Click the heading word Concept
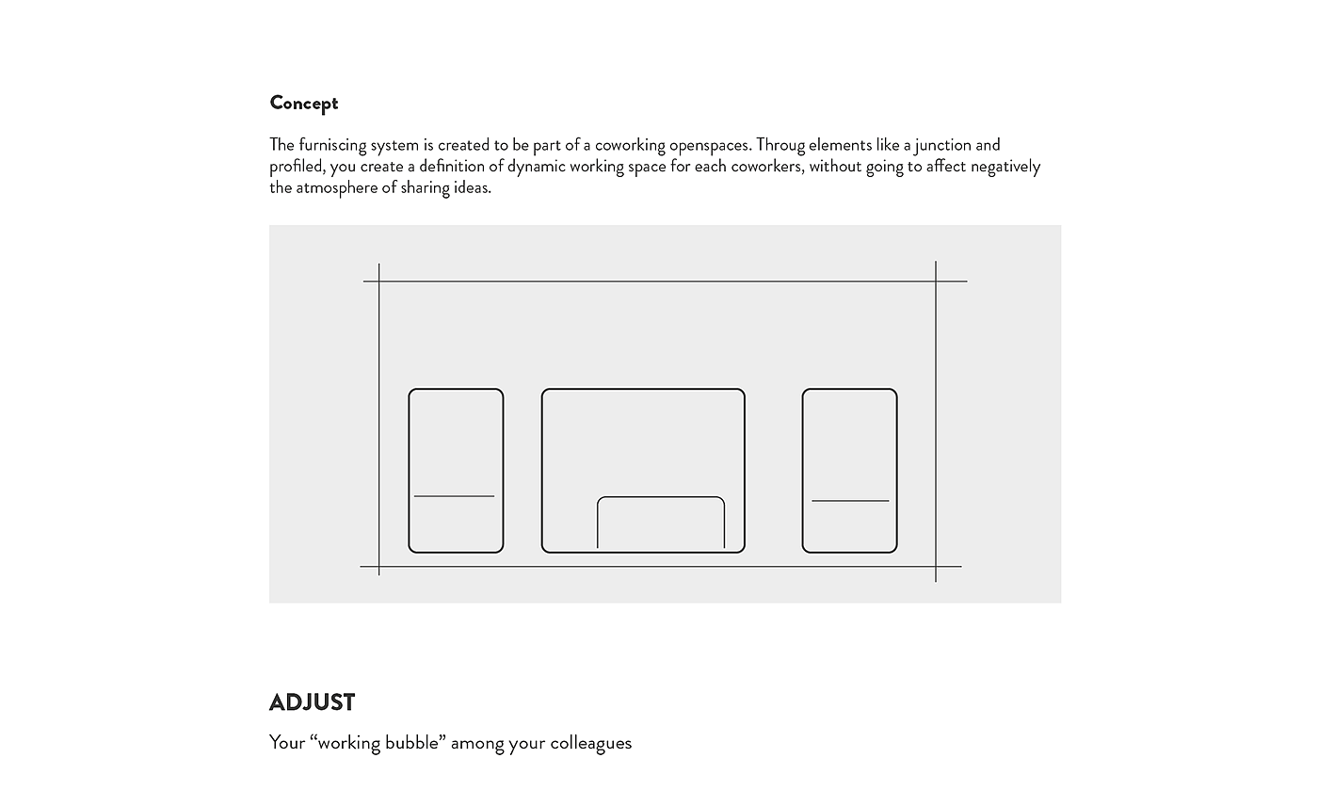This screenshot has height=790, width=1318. tap(303, 103)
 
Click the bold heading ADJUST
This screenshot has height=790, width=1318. tap(312, 702)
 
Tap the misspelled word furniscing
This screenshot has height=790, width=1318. tap(332, 145)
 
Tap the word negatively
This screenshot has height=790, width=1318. tap(1005, 167)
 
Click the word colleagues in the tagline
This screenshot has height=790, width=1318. tap(590, 743)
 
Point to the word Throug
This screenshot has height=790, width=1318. tap(780, 145)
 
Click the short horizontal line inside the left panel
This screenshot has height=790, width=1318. tap(454, 496)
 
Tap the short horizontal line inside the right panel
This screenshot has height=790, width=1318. tap(850, 501)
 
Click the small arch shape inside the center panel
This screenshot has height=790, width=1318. tap(661, 497)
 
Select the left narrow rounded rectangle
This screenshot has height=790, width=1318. tap(456, 433)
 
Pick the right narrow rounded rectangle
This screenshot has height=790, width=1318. tap(849, 433)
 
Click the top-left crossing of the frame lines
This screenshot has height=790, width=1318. tap(379, 282)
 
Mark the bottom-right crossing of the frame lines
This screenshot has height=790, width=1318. tap(936, 567)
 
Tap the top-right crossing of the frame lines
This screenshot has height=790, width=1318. tap(936, 282)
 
